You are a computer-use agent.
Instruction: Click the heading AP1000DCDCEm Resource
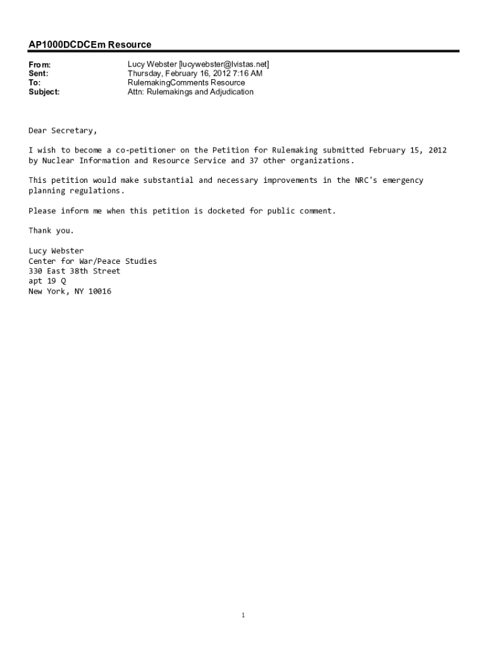coord(90,45)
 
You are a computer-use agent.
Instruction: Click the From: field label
coord(39,65)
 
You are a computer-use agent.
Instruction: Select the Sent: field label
coord(39,73)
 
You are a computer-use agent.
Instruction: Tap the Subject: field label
coord(44,92)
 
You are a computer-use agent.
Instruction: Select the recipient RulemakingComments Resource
coord(186,83)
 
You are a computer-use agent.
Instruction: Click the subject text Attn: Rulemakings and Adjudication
coord(190,92)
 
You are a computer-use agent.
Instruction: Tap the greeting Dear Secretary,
coord(63,130)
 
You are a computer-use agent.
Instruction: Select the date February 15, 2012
coord(408,150)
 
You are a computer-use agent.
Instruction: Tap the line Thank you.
coord(51,230)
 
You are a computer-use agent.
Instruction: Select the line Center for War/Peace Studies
coord(92,261)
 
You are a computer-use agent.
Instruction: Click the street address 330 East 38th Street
coord(74,271)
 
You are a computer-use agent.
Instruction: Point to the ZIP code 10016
coord(100,291)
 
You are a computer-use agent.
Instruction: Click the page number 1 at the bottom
coord(244,614)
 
